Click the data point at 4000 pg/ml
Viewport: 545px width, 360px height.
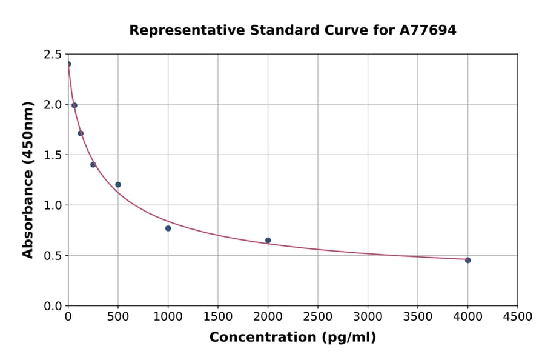pyautogui.click(x=467, y=260)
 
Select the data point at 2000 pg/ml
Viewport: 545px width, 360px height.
pyautogui.click(x=268, y=241)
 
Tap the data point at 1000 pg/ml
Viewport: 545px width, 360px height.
pyautogui.click(x=168, y=228)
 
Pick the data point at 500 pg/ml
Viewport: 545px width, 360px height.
pyautogui.click(x=118, y=185)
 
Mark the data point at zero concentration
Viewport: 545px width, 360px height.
pyautogui.click(x=68, y=64)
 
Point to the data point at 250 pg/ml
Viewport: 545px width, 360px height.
pyautogui.click(x=93, y=165)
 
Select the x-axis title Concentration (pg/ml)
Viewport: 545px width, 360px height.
pyautogui.click(x=292, y=338)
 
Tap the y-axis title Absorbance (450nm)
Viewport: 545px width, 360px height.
pyautogui.click(x=28, y=180)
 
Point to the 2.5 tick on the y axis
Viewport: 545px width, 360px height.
pyautogui.click(x=53, y=55)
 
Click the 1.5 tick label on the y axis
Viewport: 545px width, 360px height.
pyautogui.click(x=53, y=155)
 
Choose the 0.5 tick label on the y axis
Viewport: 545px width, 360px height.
pyautogui.click(x=53, y=256)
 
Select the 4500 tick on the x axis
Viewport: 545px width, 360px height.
pyautogui.click(x=518, y=317)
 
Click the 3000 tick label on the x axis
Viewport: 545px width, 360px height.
pyautogui.click(x=368, y=317)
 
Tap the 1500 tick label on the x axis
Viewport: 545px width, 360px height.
pyautogui.click(x=218, y=317)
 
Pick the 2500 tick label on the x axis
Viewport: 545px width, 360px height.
pyautogui.click(x=318, y=317)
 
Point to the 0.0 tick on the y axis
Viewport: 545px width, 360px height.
pyautogui.click(x=53, y=306)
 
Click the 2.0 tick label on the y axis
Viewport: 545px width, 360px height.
pyautogui.click(x=53, y=105)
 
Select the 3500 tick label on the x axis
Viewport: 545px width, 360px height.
pyautogui.click(x=418, y=317)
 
